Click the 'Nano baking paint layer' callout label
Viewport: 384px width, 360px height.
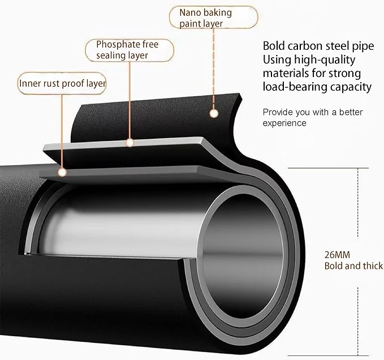point(213,18)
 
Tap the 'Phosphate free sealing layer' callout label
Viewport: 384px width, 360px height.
point(130,50)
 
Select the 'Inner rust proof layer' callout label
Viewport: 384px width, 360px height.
point(62,83)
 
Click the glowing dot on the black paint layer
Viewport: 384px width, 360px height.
point(214,113)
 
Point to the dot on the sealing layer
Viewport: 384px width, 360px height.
point(130,143)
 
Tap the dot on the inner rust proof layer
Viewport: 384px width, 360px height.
point(62,173)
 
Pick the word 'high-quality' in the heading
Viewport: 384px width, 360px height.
point(325,61)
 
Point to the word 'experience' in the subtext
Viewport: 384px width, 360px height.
point(284,123)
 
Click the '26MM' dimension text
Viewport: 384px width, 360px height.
point(337,255)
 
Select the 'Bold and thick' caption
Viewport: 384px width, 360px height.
point(353,266)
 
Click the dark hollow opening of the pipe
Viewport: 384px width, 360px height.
point(243,256)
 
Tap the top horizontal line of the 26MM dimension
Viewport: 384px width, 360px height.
point(328,168)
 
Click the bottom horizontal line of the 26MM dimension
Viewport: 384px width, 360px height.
point(328,355)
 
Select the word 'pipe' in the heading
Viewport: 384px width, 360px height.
point(363,46)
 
